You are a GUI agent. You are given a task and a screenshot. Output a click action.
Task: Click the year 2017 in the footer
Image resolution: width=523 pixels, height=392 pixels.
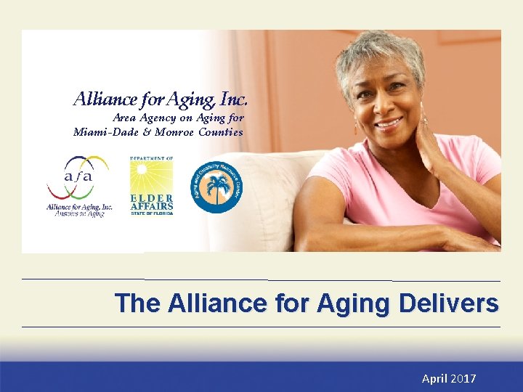pyautogui.click(x=463, y=379)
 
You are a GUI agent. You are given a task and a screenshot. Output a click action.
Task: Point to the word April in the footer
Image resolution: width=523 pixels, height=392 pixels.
pyautogui.click(x=435, y=379)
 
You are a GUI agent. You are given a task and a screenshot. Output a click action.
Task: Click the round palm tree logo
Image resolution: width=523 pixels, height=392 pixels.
pyautogui.click(x=216, y=187)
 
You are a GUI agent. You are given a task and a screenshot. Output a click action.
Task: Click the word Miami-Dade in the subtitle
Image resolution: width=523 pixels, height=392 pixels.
pyautogui.click(x=102, y=132)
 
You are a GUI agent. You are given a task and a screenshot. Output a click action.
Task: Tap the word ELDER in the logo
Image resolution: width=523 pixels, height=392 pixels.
pyautogui.click(x=151, y=198)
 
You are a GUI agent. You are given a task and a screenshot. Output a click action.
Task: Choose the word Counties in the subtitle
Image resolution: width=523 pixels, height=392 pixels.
pyautogui.click(x=221, y=132)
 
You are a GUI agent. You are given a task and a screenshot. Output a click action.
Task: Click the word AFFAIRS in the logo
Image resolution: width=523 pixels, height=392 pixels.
pyautogui.click(x=151, y=206)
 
